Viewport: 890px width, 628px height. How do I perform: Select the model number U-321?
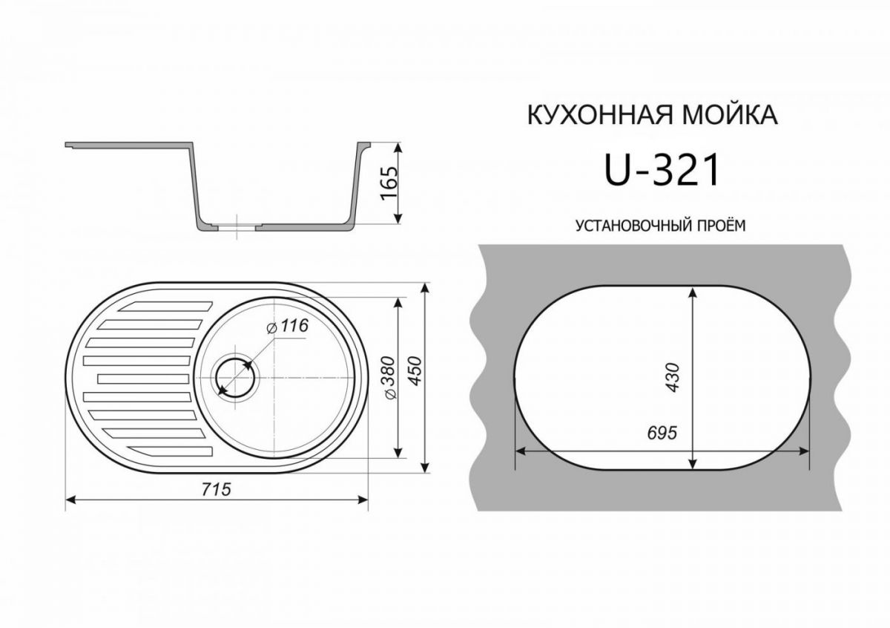662,171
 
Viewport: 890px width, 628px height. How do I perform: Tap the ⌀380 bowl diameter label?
389,380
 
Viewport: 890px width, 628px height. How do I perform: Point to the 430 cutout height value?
672,378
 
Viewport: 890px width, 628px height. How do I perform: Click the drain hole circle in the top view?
234,378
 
